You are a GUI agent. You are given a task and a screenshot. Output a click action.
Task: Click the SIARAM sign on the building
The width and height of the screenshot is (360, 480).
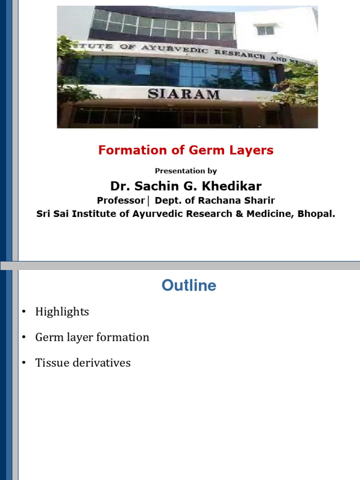pyautogui.click(x=184, y=94)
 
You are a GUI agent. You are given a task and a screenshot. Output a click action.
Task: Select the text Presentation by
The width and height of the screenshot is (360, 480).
pyautogui.click(x=186, y=171)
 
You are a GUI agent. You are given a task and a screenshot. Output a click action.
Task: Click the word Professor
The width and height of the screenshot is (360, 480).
pyautogui.click(x=120, y=201)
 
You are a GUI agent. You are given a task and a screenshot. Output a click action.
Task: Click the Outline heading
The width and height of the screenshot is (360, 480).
pyautogui.click(x=189, y=285)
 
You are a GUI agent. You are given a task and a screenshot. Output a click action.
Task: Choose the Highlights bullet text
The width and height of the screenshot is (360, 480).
pyautogui.click(x=62, y=312)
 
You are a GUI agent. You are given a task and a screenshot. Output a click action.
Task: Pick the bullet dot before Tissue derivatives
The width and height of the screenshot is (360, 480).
pyautogui.click(x=24, y=363)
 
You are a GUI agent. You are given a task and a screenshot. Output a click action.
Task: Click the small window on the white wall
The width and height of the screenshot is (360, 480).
pyautogui.click(x=265, y=30)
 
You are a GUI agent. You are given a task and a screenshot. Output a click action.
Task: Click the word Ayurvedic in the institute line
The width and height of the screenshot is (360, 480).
pyautogui.click(x=157, y=214)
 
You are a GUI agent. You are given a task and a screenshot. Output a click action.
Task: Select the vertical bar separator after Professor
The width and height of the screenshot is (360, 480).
pyautogui.click(x=148, y=201)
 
